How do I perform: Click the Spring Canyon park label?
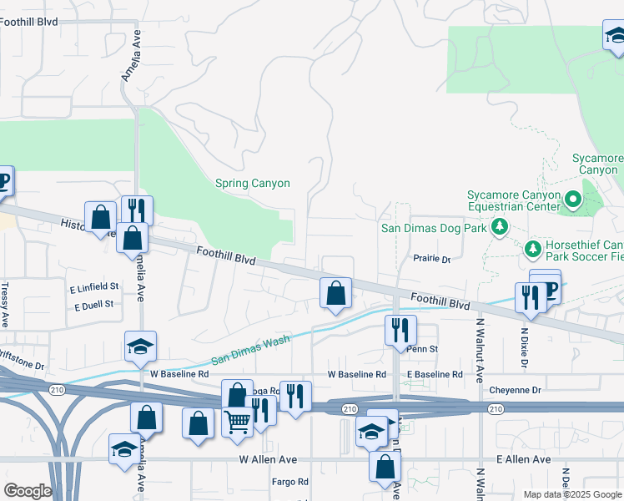(253, 184)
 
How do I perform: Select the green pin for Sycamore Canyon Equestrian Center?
(572, 200)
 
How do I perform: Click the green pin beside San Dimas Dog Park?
(500, 226)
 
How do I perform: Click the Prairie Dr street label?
(431, 259)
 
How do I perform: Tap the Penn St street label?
(422, 348)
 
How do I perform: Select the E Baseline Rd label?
(434, 375)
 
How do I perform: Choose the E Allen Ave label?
(523, 460)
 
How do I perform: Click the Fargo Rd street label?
(291, 482)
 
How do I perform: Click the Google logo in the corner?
(27, 491)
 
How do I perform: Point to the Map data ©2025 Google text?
(571, 494)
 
